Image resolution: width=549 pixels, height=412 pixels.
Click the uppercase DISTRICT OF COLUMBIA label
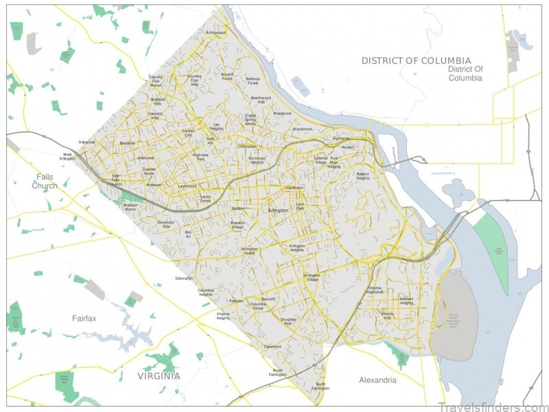417,60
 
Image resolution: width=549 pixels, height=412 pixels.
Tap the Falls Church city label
45,181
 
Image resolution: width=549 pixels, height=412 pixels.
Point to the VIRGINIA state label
158,376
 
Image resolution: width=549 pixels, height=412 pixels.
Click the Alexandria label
377,380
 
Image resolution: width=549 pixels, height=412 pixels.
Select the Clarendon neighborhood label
294,187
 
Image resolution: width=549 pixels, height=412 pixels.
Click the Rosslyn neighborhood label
348,147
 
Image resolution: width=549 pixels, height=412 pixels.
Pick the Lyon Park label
300,206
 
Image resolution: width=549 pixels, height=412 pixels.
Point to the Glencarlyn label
184,279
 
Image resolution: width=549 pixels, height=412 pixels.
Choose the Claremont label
272,347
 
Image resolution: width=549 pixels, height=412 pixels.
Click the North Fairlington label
278,372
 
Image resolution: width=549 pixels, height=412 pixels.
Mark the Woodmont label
302,128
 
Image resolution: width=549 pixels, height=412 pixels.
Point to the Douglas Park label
288,321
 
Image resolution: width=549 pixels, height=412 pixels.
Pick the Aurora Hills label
388,317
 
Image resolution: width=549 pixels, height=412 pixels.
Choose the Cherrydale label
246,146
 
